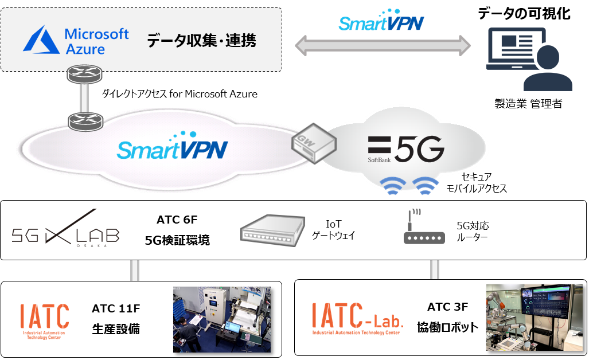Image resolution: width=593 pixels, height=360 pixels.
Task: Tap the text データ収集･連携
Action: [x=201, y=41]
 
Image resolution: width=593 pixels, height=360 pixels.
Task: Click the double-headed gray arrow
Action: [x=383, y=46]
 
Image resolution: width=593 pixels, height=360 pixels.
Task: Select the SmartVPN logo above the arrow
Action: [x=380, y=21]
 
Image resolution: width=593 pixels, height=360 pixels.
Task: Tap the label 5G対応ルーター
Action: [x=473, y=231]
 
